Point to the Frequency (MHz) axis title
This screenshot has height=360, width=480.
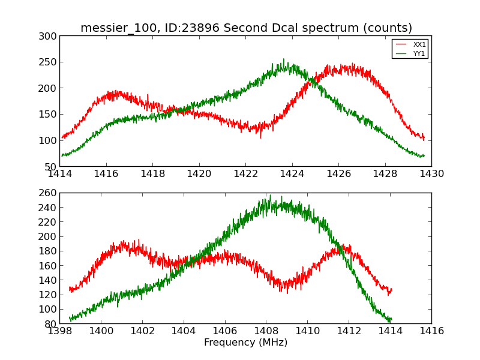[x=245, y=343]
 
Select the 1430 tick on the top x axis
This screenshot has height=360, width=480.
[x=431, y=174]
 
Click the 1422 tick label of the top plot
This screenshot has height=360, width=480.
[x=245, y=174]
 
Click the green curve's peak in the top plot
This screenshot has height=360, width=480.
[x=284, y=59]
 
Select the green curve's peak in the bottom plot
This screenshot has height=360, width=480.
[x=271, y=196]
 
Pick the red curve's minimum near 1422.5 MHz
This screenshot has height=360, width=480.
[x=260, y=137]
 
